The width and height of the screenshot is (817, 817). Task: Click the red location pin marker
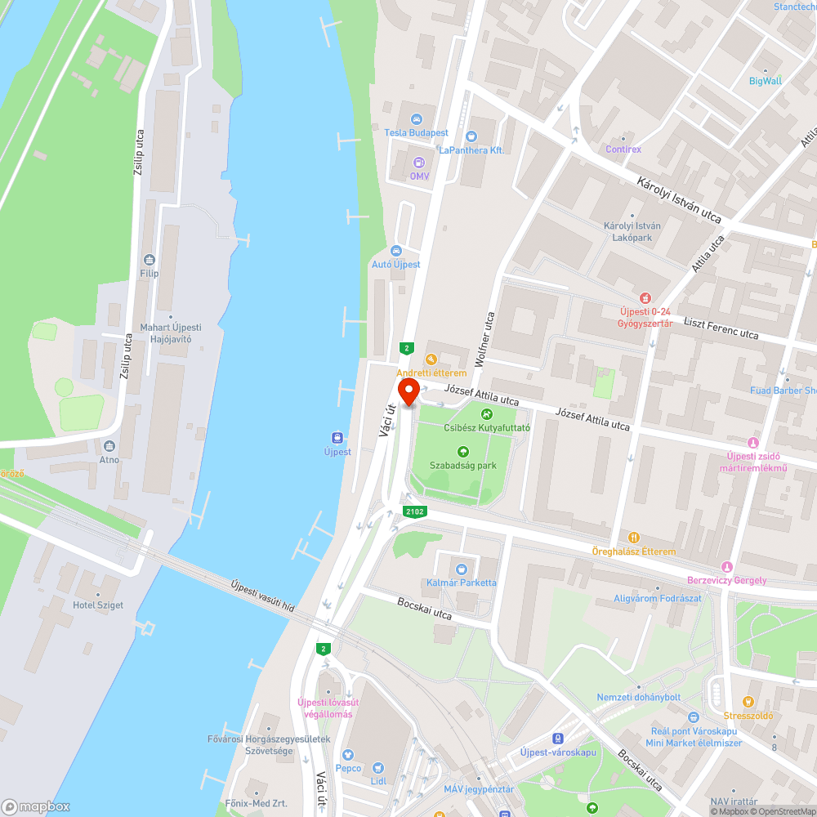coord(408,391)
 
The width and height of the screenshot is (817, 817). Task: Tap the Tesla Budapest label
coord(417,132)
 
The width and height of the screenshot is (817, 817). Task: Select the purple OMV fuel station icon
coord(419,163)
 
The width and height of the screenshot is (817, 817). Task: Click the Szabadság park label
coord(462,466)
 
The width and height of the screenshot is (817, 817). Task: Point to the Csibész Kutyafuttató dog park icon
coord(487,414)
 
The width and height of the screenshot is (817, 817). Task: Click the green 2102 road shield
coord(414,512)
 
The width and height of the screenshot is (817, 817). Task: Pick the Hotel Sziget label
coord(98,605)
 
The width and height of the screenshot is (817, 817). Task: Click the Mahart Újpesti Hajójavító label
coord(170,333)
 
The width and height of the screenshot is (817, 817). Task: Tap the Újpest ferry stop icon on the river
coord(337,437)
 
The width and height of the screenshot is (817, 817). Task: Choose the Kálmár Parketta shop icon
coord(462,569)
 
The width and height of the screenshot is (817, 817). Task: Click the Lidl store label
coord(377,781)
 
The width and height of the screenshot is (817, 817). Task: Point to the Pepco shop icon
coord(348,756)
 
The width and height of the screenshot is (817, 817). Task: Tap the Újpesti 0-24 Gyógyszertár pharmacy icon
coord(645,299)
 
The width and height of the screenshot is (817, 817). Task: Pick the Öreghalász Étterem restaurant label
coord(634,551)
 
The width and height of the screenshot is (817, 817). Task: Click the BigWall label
coord(766,81)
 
